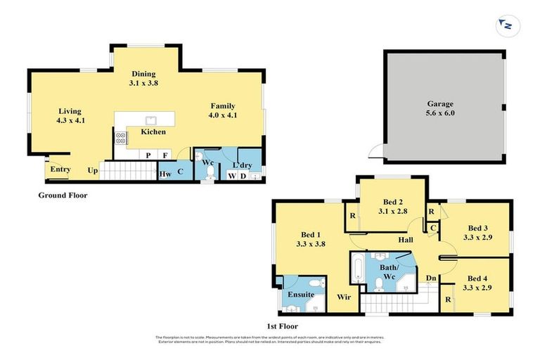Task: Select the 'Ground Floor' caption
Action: point(63,195)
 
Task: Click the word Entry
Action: point(60,169)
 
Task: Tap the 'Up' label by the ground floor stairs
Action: point(92,170)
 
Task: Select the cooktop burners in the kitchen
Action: point(121,139)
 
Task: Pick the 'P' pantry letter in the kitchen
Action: point(148,155)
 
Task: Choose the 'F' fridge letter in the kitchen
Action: point(165,155)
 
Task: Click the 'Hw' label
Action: point(166,174)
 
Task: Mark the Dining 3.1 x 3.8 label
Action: point(143,79)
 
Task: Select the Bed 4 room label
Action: point(477,283)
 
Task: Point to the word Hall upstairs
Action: point(405,240)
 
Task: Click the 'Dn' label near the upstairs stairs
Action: point(431,278)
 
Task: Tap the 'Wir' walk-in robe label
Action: point(344,297)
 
